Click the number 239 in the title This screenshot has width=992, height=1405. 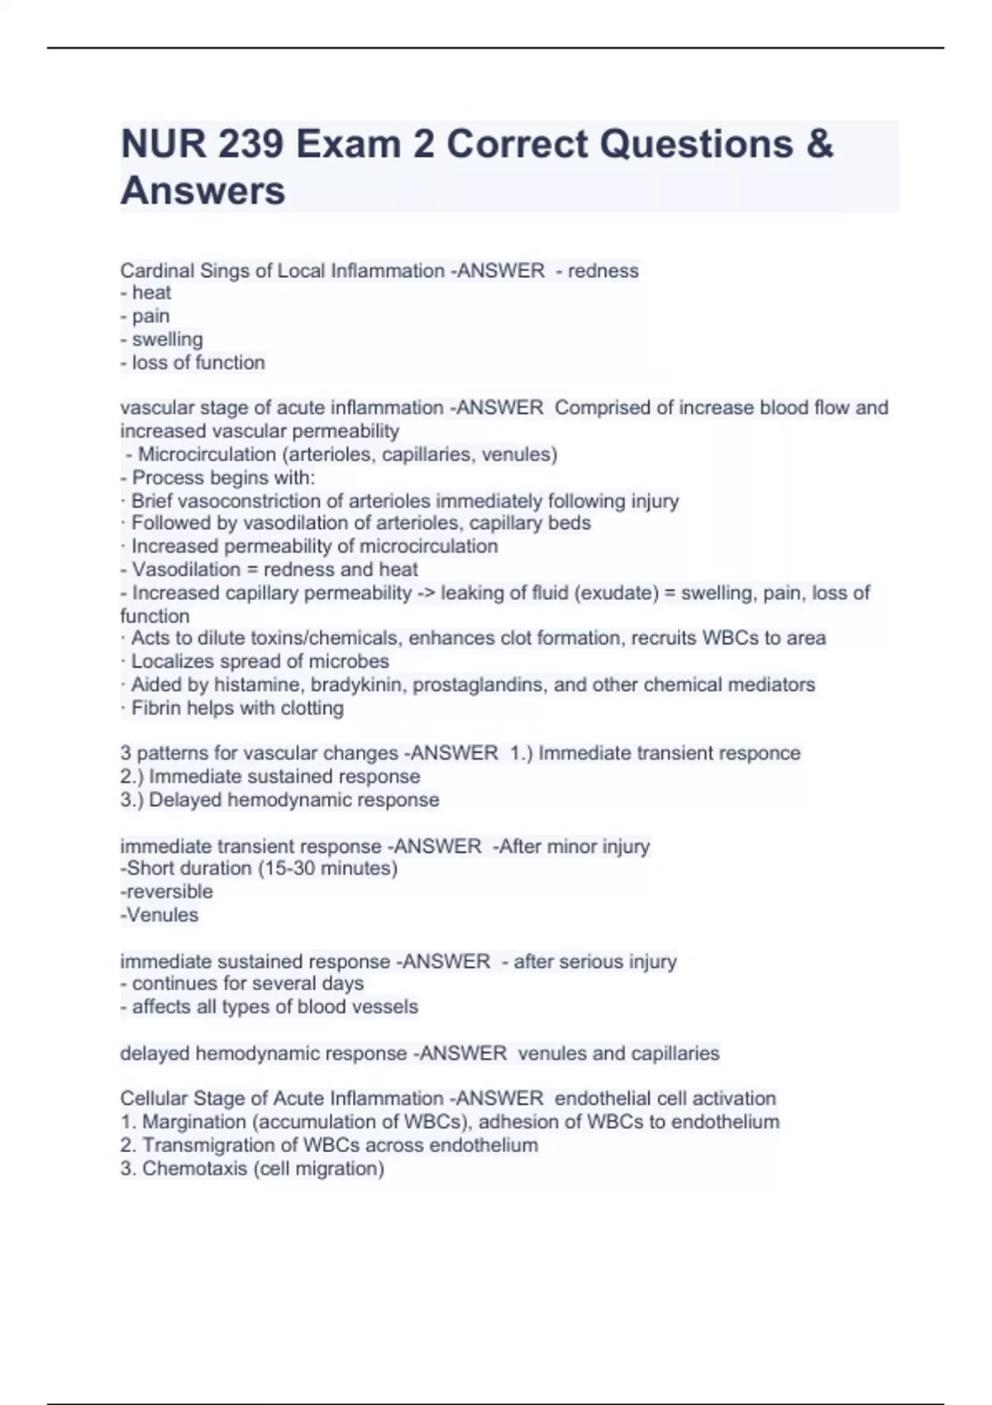coord(250,144)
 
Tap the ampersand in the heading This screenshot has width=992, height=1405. coord(818,144)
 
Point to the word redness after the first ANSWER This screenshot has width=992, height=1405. coord(603,270)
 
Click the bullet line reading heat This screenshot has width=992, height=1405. coord(146,293)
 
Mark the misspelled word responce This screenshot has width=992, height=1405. coord(760,753)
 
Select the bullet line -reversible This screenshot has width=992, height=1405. coord(166,891)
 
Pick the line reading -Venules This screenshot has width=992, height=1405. coord(159,915)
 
